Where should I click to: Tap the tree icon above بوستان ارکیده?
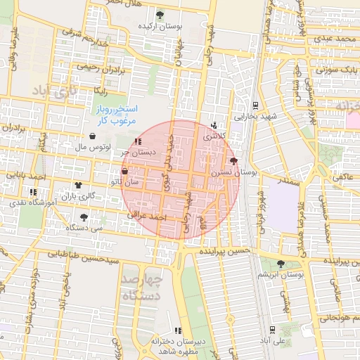160,14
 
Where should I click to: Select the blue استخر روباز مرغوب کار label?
118,115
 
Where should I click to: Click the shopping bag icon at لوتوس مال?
94,136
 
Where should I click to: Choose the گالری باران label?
78,196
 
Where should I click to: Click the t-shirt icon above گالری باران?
77,186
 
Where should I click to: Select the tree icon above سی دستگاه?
84,217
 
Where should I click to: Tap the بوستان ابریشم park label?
281,275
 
